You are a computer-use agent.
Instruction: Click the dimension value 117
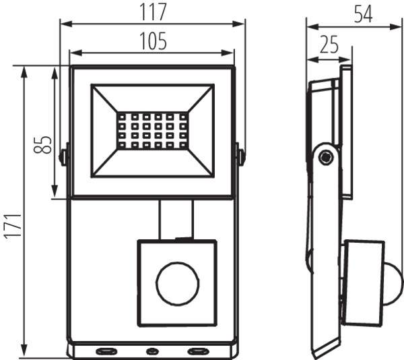(153, 12)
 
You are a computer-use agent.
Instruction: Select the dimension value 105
(153, 41)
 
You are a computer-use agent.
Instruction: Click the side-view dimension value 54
(363, 14)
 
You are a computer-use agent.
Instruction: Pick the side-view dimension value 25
(329, 45)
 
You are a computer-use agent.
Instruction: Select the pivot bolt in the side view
(327, 158)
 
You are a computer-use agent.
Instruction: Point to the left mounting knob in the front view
(64, 156)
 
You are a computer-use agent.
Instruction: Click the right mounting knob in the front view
(240, 156)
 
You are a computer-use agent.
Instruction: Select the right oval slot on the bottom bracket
(198, 351)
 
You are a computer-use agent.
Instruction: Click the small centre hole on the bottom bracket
(151, 351)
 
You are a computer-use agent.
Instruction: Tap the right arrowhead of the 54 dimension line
(399, 27)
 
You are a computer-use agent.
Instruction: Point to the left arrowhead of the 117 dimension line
(65, 24)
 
